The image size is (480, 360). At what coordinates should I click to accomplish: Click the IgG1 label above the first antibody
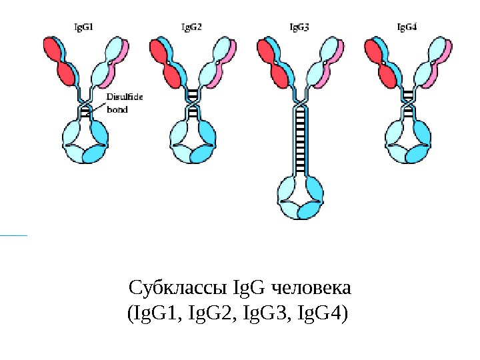click(83, 27)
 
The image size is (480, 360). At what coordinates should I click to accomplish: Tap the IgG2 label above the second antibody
click(191, 27)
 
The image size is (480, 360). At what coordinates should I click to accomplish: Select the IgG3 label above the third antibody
click(299, 27)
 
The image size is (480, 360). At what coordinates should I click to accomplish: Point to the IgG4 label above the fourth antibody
click(407, 27)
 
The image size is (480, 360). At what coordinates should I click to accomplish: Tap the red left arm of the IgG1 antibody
click(59, 60)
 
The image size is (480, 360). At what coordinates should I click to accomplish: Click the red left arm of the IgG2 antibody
click(167, 60)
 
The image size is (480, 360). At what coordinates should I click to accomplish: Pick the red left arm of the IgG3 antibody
click(274, 60)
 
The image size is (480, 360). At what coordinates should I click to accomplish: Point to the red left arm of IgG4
click(382, 60)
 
